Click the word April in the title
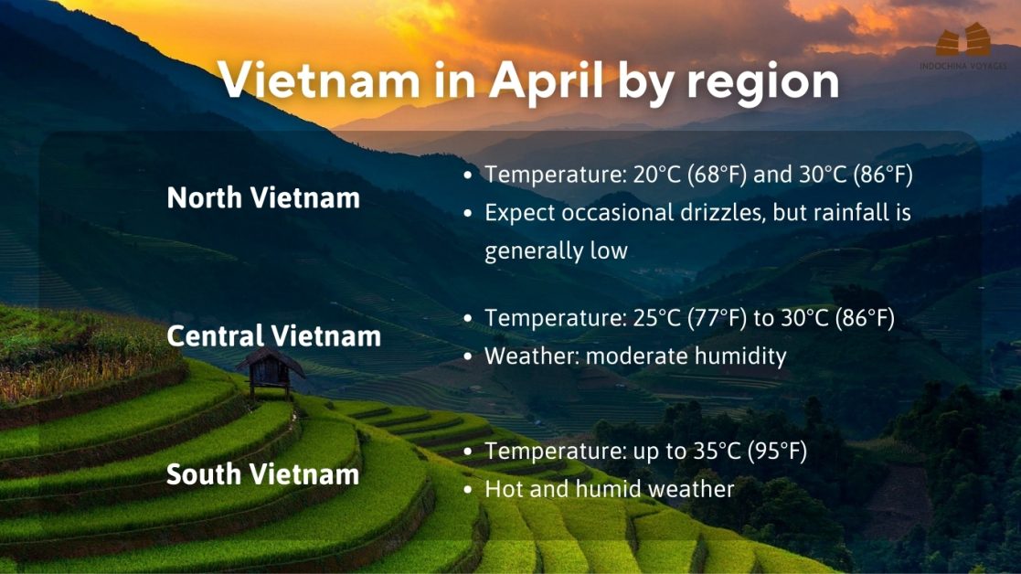point(545,82)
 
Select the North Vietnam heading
point(263,198)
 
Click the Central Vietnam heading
point(273,336)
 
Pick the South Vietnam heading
point(262,475)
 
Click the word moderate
point(636,356)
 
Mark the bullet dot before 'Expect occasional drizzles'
point(468,213)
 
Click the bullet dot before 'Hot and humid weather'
point(468,490)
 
